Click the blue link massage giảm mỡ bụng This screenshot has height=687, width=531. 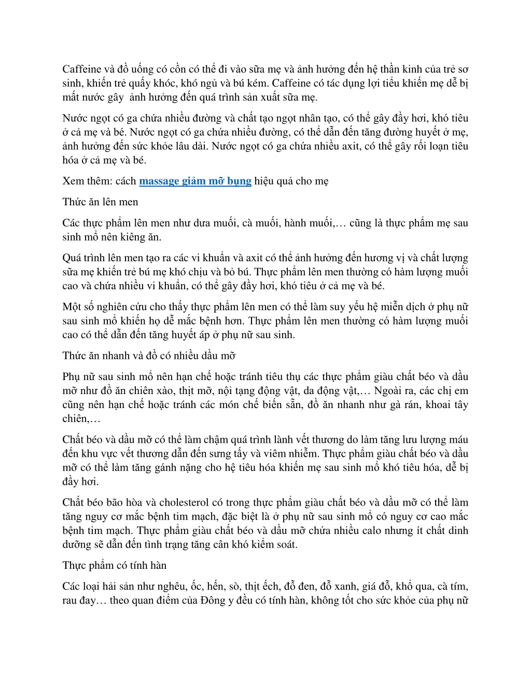pyautogui.click(x=195, y=181)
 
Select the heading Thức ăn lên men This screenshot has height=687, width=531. pyautogui.click(x=100, y=202)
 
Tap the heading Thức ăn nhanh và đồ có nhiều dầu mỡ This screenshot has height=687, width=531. pyautogui.click(x=149, y=356)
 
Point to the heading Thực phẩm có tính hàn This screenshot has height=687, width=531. pyautogui.click(x=114, y=565)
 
